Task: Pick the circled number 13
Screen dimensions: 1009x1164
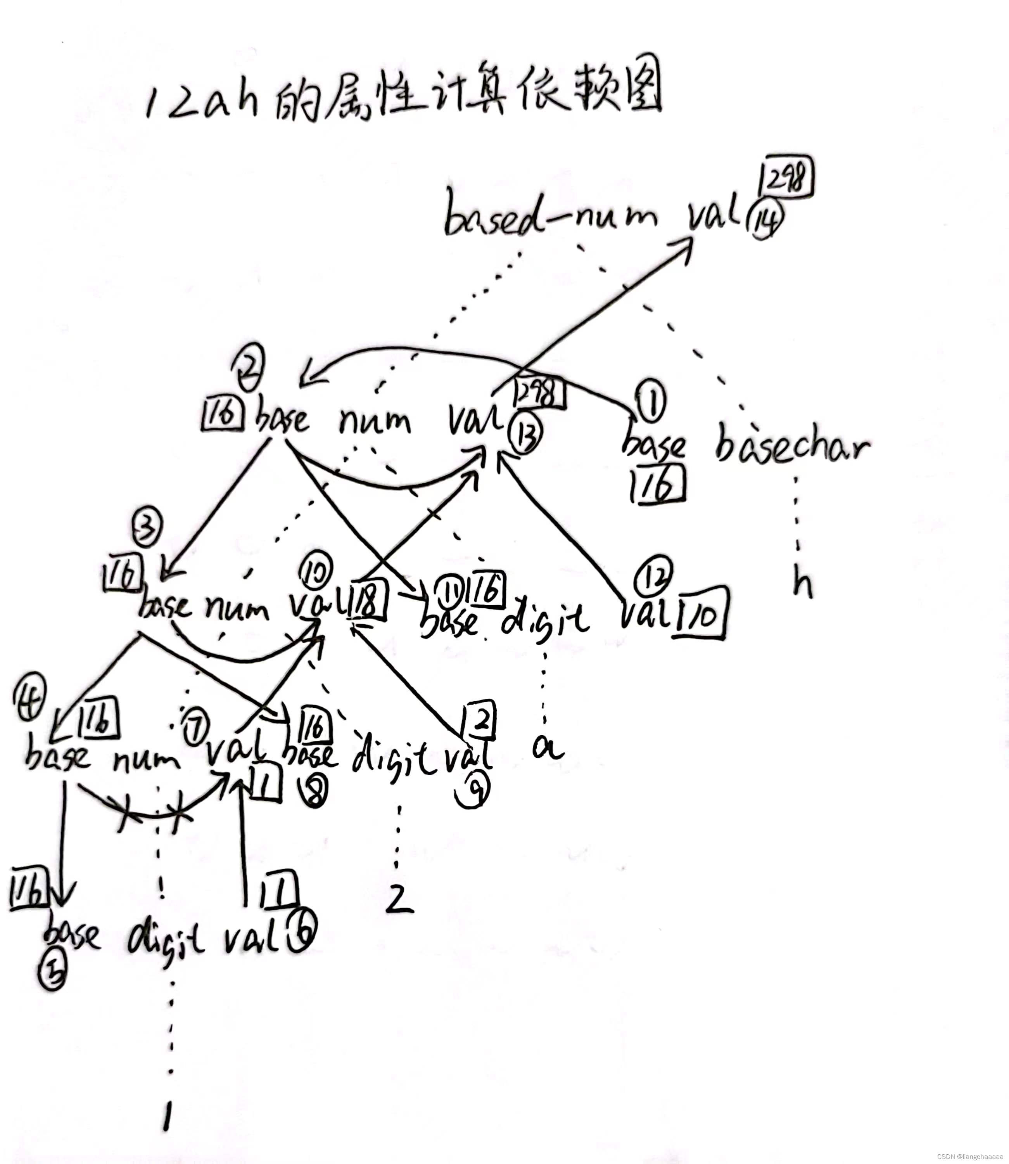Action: [525, 435]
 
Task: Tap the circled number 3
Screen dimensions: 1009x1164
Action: [147, 527]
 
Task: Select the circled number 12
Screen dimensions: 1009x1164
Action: [653, 576]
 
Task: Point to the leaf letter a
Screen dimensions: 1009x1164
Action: [547, 748]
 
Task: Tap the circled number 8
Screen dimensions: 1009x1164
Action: [315, 793]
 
